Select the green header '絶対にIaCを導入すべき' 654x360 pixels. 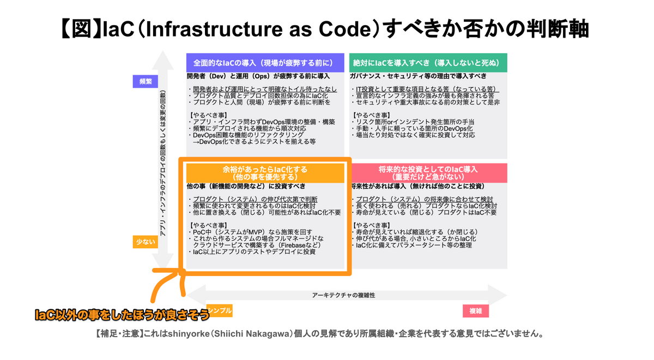pos(428,62)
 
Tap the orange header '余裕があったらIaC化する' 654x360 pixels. pos(265,173)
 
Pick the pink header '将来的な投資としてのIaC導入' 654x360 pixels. pos(428,173)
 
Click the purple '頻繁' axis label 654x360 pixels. pos(146,81)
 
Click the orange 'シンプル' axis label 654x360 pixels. pos(220,310)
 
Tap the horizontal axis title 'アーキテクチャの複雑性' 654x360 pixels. pos(344,295)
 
